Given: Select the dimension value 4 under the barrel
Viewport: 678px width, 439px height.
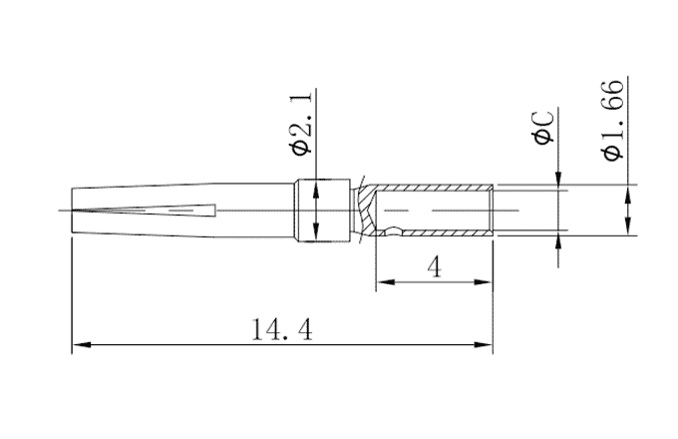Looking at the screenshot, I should point(433,267).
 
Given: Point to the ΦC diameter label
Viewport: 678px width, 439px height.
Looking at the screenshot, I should point(544,127).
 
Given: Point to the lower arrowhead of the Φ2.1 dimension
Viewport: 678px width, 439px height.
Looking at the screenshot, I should point(317,233).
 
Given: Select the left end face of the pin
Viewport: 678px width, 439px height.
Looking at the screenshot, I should point(72,211).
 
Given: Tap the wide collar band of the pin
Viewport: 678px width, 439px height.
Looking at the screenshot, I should point(324,210).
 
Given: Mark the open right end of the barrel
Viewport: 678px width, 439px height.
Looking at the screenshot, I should point(493,210).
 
